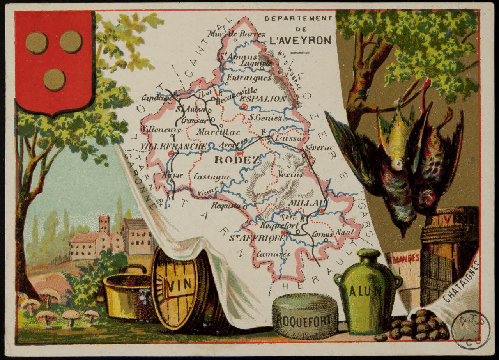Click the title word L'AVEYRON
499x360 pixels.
(x=300, y=40)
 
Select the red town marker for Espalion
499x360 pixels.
(x=244, y=106)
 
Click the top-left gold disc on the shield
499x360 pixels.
(x=37, y=43)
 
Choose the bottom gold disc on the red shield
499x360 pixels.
(x=54, y=80)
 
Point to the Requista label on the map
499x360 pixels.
(x=226, y=206)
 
